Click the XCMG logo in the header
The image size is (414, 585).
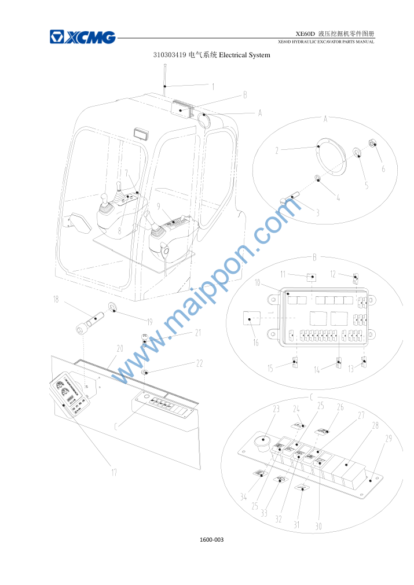pyautogui.click(x=82, y=37)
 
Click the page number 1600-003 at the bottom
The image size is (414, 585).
pyautogui.click(x=212, y=539)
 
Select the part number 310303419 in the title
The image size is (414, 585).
pyautogui.click(x=170, y=55)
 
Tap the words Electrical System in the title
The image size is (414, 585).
pyautogui.click(x=244, y=55)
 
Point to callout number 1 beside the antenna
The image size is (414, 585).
pyautogui.click(x=213, y=87)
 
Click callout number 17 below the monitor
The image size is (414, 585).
pyautogui.click(x=114, y=472)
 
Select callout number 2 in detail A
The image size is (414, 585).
pyautogui.click(x=277, y=150)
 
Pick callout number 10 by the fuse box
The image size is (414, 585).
pyautogui.click(x=257, y=283)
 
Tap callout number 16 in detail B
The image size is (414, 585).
pyautogui.click(x=256, y=342)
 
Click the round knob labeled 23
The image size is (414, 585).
pyautogui.click(x=262, y=440)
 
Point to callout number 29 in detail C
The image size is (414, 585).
pyautogui.click(x=389, y=438)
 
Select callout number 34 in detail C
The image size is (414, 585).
pyautogui.click(x=243, y=496)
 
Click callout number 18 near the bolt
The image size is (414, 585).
pyautogui.click(x=56, y=299)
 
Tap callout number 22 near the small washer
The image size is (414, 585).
pyautogui.click(x=199, y=363)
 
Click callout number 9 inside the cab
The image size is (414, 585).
pyautogui.click(x=158, y=206)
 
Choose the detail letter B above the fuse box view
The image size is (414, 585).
pyautogui.click(x=314, y=257)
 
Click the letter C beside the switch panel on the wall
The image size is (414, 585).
pyautogui.click(x=116, y=426)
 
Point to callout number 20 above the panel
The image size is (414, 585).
pyautogui.click(x=120, y=348)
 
